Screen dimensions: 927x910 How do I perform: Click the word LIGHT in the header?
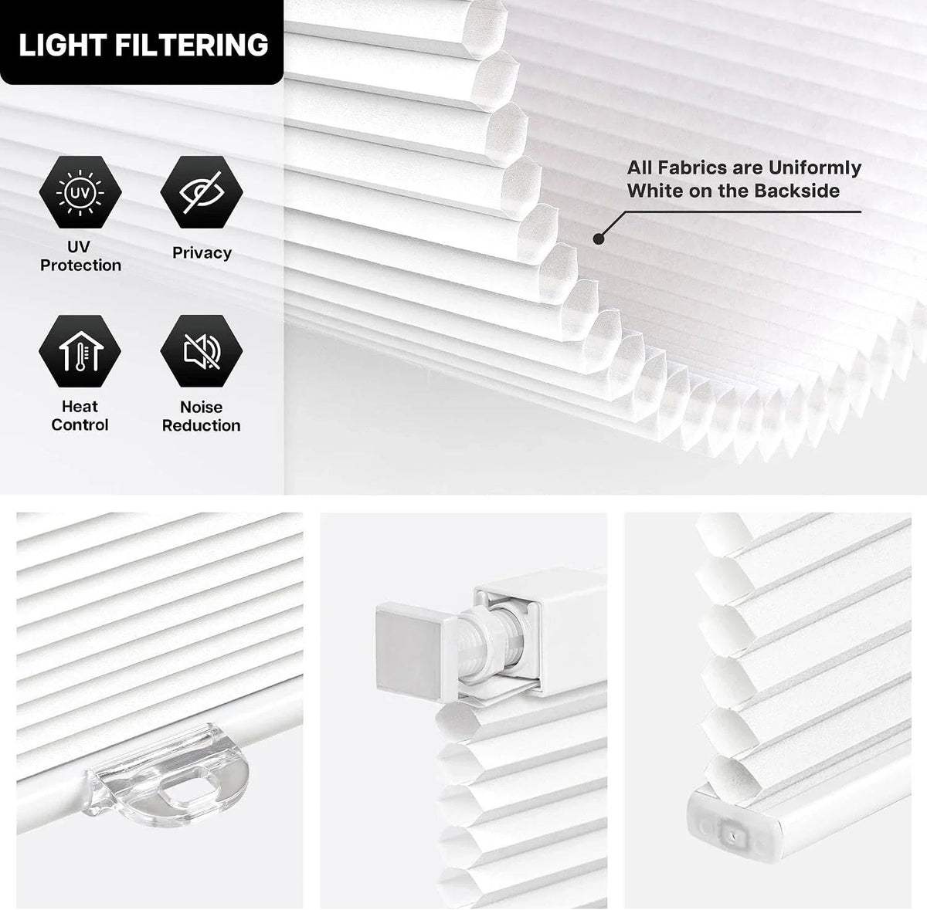coord(62,46)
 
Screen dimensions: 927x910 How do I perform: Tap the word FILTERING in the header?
coord(192,46)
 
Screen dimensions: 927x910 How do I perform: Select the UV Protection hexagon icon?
coord(80,192)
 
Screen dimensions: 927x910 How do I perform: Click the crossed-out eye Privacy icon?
coord(202,192)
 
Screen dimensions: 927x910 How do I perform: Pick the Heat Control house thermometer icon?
coord(80,351)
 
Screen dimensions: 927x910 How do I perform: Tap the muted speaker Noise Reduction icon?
coord(202,351)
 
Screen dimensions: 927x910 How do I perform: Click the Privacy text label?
coord(202,253)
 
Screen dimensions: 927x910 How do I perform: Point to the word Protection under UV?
coord(80,266)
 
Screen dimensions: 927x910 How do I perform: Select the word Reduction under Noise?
coord(201,425)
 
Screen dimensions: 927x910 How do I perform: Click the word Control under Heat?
coord(80,425)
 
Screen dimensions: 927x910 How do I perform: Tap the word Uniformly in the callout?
coord(814,168)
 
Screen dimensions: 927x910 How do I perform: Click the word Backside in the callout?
coord(797,191)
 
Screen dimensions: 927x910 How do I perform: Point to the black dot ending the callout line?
coord(599,238)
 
